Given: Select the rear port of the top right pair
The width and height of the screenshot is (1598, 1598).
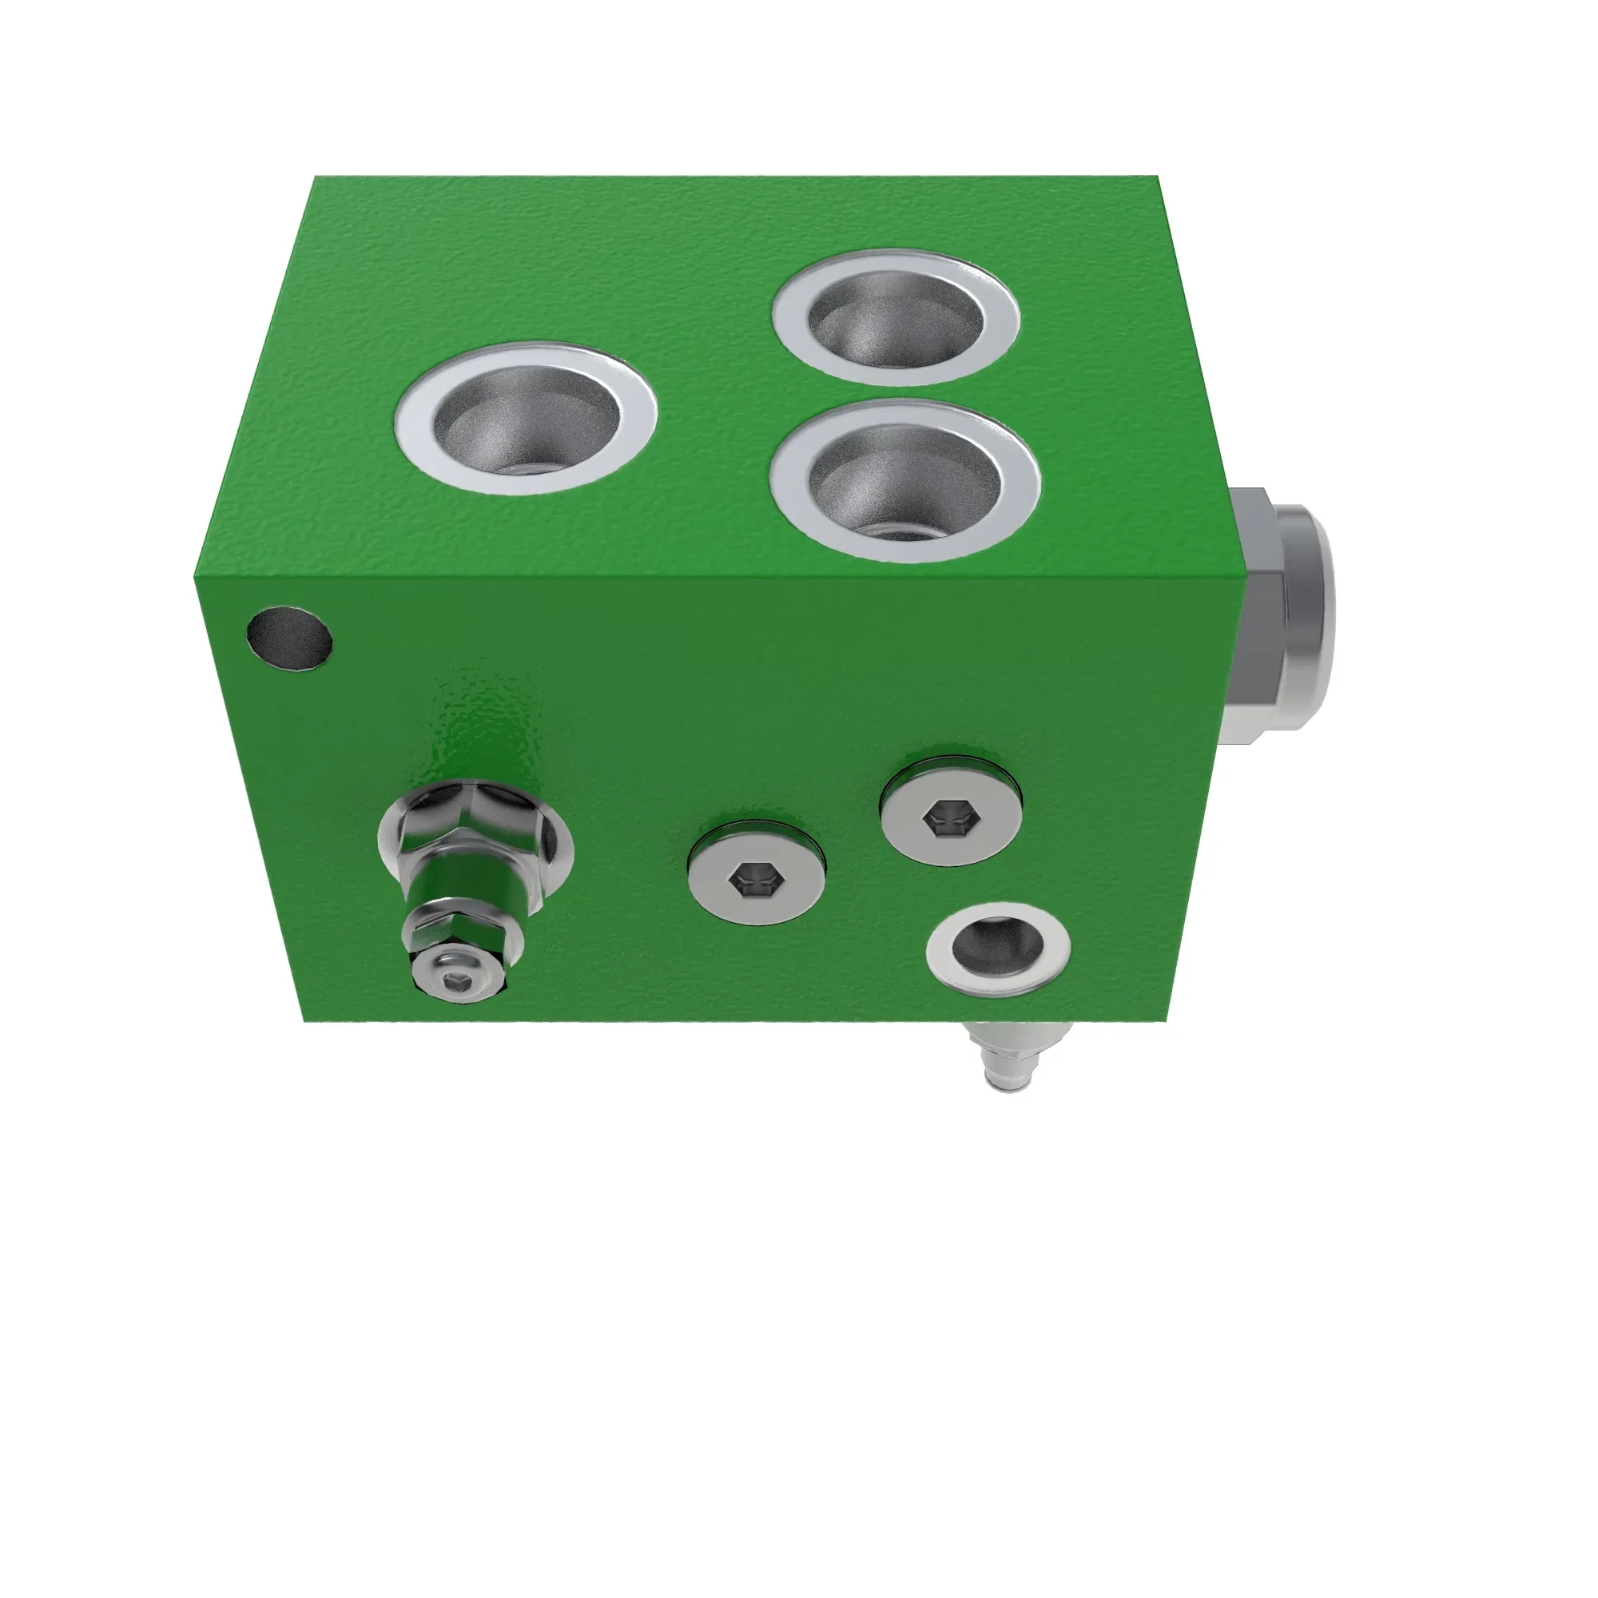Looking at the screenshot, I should point(895,318).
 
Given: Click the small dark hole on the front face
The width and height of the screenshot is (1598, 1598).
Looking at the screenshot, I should point(289,638).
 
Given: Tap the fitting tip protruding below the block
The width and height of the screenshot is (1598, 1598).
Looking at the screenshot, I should point(1011,1076).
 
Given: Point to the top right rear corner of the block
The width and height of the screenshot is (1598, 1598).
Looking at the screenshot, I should point(1155,177).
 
